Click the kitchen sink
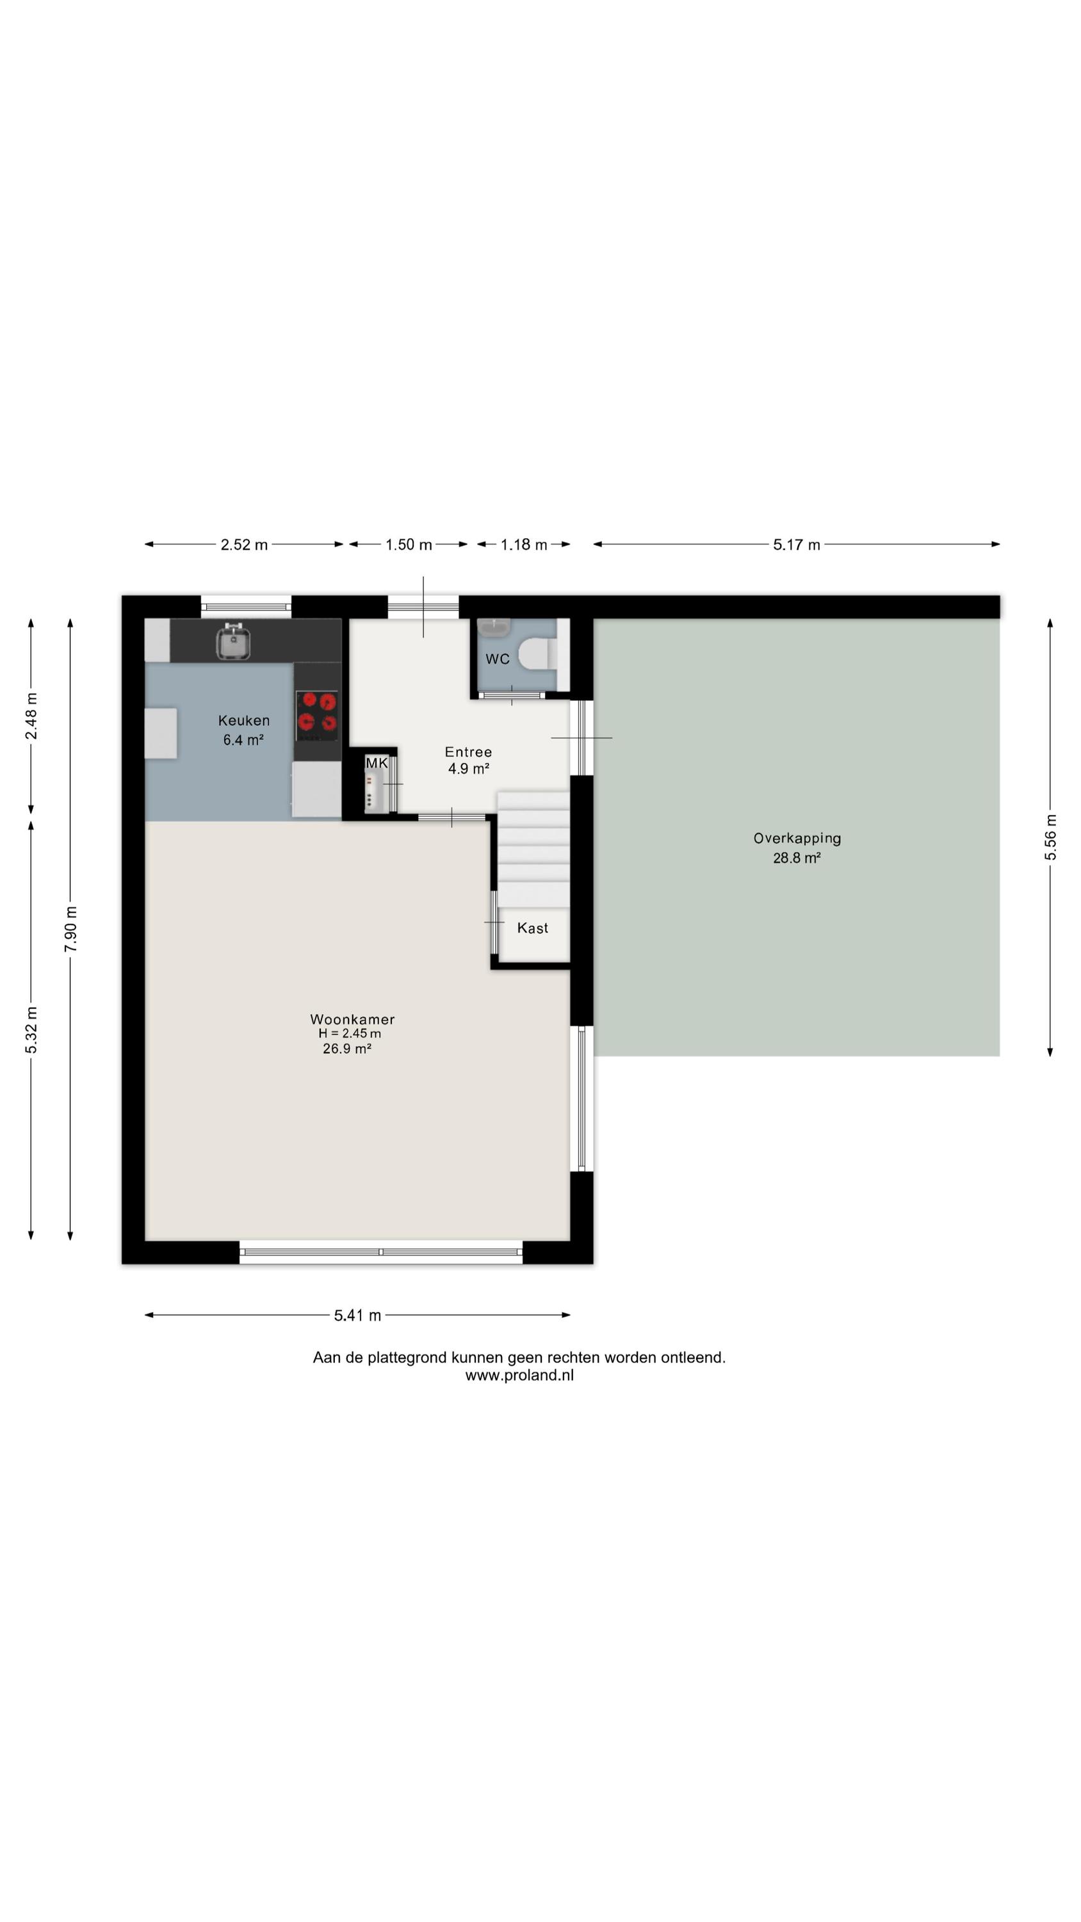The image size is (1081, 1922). [232, 642]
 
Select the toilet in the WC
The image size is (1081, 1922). [538, 653]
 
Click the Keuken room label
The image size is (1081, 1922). [244, 721]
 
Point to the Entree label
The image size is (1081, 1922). [469, 752]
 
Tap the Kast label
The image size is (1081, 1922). [533, 928]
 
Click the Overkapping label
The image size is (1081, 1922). [797, 839]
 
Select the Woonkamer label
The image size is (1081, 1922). [352, 1019]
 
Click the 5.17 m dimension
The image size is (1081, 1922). [797, 545]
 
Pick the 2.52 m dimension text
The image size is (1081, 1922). [244, 545]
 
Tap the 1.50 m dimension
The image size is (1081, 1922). [409, 545]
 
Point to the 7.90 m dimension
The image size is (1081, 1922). [71, 930]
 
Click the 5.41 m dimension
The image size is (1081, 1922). [357, 1315]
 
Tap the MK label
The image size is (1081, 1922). [377, 763]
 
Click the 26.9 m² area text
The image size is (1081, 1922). [347, 1048]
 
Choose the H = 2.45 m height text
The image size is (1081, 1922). [350, 1033]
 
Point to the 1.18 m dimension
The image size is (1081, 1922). [524, 545]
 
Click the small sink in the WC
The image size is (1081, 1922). [493, 627]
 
